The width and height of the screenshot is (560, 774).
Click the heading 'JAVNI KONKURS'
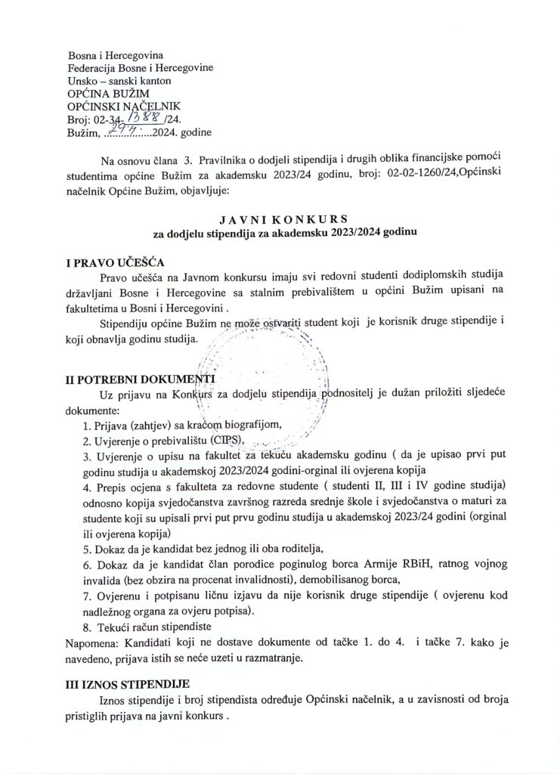(280, 220)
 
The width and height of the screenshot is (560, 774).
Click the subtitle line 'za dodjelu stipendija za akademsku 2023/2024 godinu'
(280, 234)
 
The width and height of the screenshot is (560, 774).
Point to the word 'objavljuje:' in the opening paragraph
(200, 192)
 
